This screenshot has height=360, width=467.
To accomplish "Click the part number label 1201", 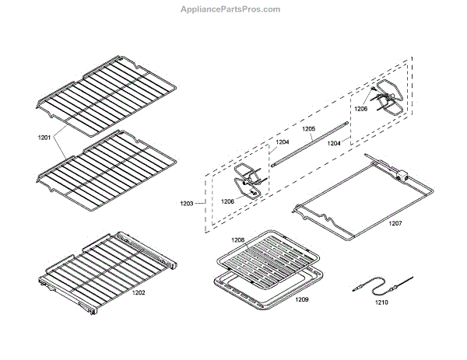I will click(44, 138).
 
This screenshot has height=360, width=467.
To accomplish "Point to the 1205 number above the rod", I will click(308, 128).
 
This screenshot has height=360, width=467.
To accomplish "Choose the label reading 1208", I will click(237, 239).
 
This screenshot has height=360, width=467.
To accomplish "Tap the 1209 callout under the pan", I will click(302, 299).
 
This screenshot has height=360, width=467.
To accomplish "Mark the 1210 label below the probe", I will click(381, 302).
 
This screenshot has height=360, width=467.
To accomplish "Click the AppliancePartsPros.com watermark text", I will click(234, 9).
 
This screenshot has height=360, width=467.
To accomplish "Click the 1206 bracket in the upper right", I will click(384, 96).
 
